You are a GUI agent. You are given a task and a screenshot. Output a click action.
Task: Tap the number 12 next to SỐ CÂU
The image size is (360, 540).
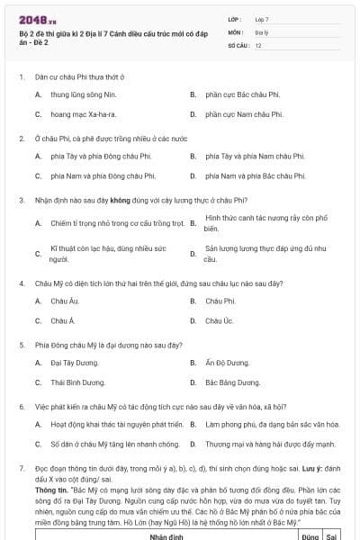point(258,44)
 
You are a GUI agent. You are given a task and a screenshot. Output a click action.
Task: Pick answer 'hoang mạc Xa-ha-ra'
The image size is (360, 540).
point(84,114)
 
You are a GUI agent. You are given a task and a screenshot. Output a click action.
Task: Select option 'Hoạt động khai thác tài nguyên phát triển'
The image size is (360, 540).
point(112,424)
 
